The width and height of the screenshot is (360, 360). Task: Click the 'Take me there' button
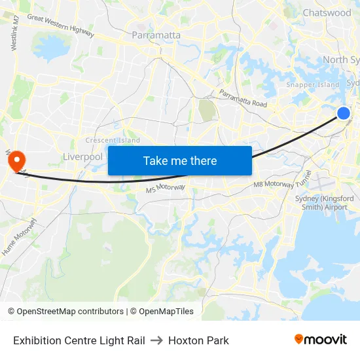[x=179, y=160]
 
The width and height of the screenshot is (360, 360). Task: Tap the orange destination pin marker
[x=14, y=159]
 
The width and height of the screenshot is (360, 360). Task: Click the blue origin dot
[x=344, y=113]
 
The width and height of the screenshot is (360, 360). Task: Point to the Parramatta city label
[x=156, y=35]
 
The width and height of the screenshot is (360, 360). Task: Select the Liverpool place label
[x=82, y=157]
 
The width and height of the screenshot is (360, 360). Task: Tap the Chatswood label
[x=327, y=12]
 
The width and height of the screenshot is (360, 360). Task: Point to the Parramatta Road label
[x=243, y=98]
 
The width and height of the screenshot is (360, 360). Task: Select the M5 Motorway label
[x=166, y=189]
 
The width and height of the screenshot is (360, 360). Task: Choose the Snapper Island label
[x=313, y=84]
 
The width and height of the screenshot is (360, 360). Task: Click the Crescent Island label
[x=113, y=140]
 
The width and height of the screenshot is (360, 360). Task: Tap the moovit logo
[x=321, y=339]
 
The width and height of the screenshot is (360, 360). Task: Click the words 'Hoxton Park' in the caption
[x=198, y=340]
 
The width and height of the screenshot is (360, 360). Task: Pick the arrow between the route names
[x=156, y=340]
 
